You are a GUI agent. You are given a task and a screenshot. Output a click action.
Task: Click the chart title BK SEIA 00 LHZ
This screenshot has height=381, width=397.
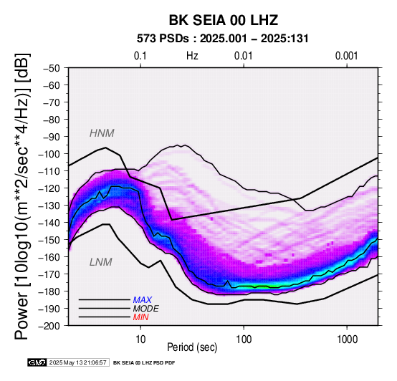tap(224, 20)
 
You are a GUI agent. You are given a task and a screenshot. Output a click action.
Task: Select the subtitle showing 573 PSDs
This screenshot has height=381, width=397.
tap(223, 39)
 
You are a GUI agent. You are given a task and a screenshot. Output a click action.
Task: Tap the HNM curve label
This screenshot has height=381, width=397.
tap(102, 133)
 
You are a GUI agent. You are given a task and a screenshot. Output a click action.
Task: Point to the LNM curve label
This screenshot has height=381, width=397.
tap(101, 262)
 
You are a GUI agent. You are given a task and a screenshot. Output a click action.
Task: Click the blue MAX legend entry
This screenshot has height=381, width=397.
tap(143, 300)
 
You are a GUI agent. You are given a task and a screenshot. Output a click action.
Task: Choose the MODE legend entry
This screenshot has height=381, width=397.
tap(146, 309)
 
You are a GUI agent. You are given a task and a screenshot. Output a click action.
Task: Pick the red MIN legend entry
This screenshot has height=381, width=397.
tap(140, 317)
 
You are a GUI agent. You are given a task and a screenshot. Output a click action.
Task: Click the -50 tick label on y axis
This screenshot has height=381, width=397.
tap(51, 68)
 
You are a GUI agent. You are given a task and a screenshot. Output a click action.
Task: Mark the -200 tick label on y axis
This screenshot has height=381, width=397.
tap(49, 326)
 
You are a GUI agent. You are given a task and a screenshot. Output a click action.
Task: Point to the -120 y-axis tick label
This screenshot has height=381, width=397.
tap(49, 188)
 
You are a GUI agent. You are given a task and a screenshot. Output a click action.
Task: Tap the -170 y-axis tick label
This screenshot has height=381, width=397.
tap(49, 274)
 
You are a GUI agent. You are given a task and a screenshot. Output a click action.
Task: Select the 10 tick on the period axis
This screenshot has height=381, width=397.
tap(140, 339)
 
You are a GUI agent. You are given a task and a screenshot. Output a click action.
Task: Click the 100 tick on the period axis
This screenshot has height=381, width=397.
tap(244, 339)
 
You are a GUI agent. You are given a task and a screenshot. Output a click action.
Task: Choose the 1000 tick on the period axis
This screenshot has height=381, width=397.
tap(347, 339)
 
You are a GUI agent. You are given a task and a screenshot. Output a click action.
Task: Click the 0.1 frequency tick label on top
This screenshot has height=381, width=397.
tap(140, 56)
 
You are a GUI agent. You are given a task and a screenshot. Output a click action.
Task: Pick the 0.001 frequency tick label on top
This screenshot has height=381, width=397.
tap(346, 56)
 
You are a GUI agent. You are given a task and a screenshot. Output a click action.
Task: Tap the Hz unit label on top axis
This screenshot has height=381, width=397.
tap(192, 56)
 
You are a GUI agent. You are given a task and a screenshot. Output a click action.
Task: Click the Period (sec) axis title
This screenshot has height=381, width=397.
tap(192, 347)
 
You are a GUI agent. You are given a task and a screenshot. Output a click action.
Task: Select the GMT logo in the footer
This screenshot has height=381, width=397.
tap(37, 363)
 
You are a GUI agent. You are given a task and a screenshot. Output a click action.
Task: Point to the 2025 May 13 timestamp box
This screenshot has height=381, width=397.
tap(77, 363)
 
